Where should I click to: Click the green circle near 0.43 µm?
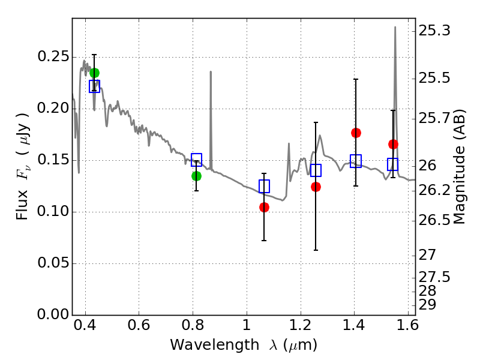[x=94, y=73]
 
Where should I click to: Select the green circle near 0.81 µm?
[x=197, y=176]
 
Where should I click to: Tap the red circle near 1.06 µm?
[x=264, y=207]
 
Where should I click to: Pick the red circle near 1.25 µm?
[x=316, y=187]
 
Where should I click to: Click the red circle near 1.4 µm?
[x=356, y=133]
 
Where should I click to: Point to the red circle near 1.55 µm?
[x=393, y=144]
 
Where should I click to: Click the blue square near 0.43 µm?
[x=94, y=86]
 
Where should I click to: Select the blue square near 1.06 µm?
[x=264, y=186]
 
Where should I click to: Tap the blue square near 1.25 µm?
[x=316, y=170]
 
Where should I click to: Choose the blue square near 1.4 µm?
[x=356, y=161]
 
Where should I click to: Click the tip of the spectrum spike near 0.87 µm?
[x=211, y=71]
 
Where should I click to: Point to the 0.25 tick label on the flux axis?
[x=53, y=56]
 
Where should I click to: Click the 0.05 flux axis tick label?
[x=53, y=263]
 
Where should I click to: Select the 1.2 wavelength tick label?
[x=301, y=325]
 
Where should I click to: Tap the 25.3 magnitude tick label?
[x=434, y=31]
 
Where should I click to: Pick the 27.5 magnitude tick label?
[x=434, y=277]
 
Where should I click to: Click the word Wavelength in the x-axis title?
[x=215, y=346]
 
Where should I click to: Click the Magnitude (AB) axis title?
[x=458, y=167]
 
